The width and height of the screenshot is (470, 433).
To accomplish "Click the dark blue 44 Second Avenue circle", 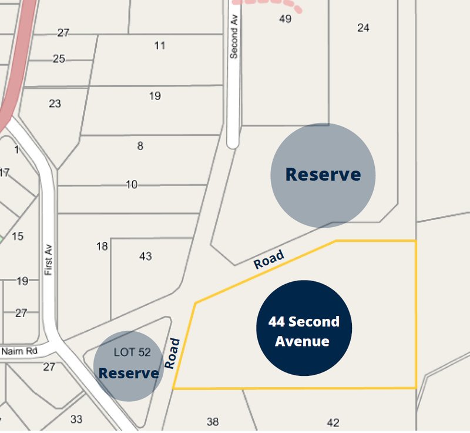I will tap(304, 328).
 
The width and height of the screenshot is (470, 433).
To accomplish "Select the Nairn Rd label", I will tap(19, 351).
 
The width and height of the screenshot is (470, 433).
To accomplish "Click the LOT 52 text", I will tap(132, 352).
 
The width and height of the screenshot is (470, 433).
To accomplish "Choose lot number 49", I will tap(285, 19).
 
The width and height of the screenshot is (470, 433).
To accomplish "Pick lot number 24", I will tap(363, 28).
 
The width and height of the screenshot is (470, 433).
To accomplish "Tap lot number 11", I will tap(160, 45).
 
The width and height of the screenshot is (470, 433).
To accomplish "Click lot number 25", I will tap(59, 59).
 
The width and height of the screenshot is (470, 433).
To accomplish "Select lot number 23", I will tap(55, 104).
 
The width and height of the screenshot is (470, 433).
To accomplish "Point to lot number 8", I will tap(140, 146).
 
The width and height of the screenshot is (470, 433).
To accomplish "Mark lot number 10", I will tap(132, 185).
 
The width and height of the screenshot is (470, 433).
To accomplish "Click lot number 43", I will tap(145, 256).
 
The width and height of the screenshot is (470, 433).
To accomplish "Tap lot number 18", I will tap(102, 246).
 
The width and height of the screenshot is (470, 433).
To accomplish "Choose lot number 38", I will tap(213, 421).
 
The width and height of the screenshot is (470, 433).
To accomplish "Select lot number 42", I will tap(333, 422).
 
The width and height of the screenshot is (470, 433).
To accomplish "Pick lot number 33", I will tap(76, 419).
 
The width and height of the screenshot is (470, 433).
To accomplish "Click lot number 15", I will tap(18, 237).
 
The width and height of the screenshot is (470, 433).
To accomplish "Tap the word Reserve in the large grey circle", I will tap(323, 175).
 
